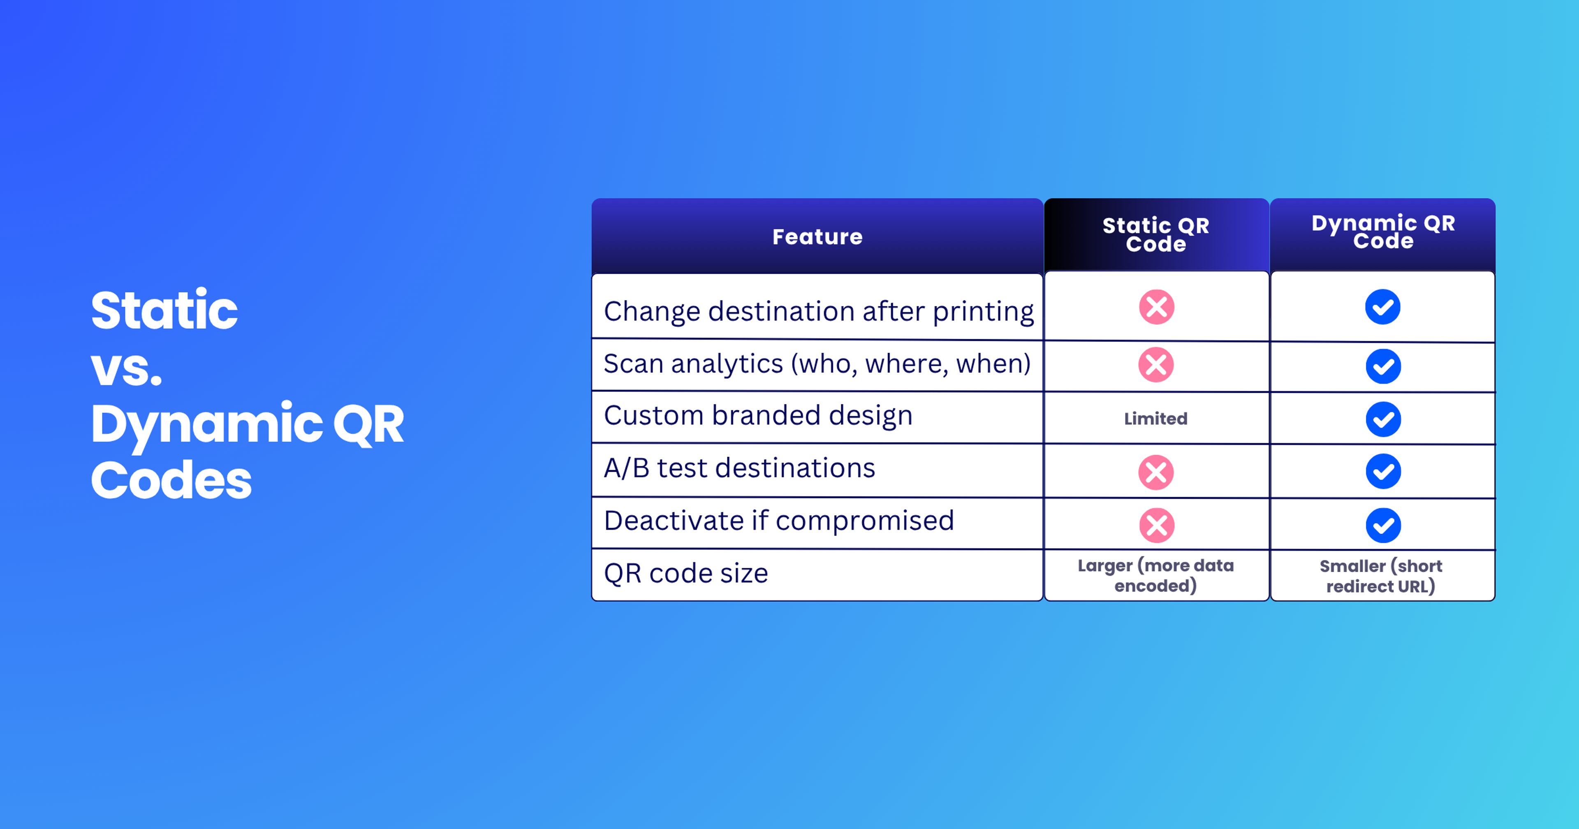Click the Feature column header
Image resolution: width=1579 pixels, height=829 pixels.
tap(817, 237)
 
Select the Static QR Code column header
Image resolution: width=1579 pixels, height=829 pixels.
tap(1155, 234)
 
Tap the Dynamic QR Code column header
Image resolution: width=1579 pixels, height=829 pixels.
tap(1383, 232)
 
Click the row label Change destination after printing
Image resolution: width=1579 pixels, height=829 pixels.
tap(818, 311)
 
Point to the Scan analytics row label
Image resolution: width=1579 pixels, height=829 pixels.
tap(817, 364)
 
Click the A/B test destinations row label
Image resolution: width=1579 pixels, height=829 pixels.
tap(739, 468)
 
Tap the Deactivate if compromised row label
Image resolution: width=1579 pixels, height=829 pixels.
tap(778, 521)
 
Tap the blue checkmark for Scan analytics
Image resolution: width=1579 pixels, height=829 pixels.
tap(1383, 366)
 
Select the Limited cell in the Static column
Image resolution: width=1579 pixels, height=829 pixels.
tap(1155, 419)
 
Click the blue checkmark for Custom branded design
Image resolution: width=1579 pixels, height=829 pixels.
tap(1383, 419)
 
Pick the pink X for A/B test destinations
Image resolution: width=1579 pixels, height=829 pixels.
tap(1156, 472)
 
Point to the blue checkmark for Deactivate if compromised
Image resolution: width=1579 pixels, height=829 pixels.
tap(1383, 525)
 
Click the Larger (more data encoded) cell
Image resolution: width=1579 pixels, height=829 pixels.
tap(1155, 575)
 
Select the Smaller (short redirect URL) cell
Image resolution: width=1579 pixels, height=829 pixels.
tap(1381, 576)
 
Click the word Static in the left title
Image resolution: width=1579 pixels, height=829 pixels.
tap(164, 311)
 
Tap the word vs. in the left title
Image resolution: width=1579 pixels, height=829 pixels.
tap(126, 368)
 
